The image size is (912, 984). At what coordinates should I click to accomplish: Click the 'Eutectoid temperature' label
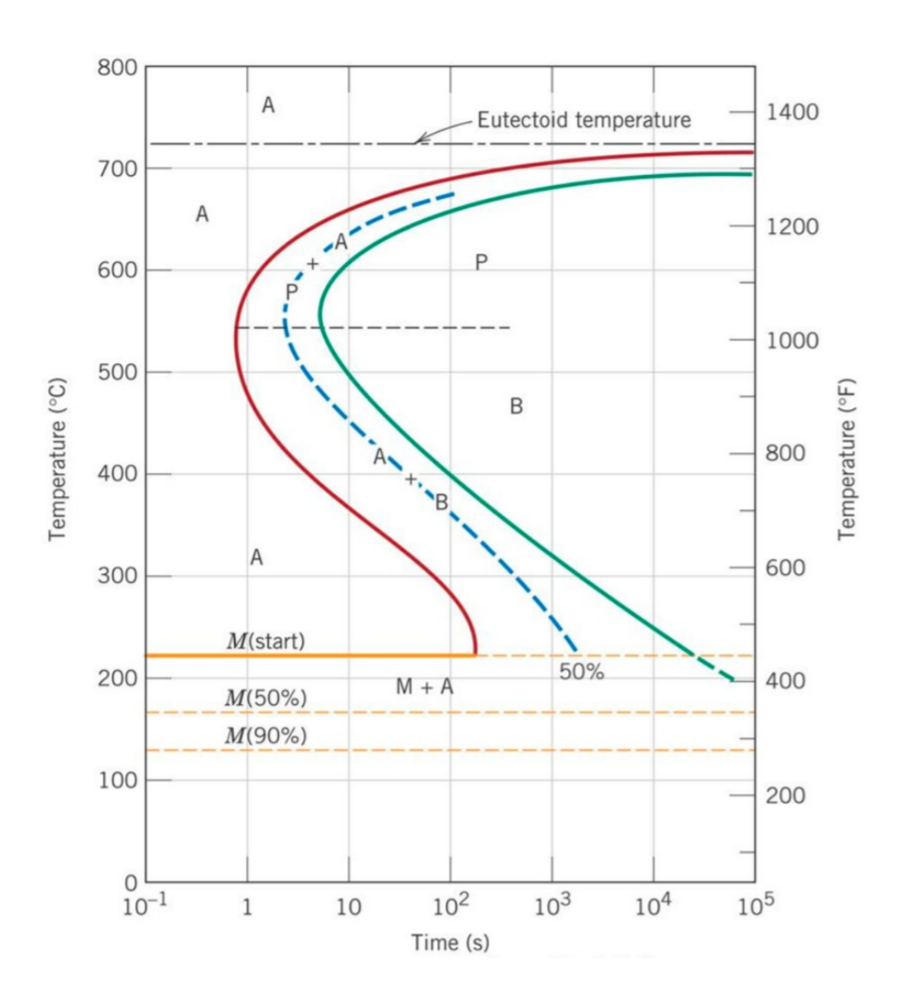(584, 120)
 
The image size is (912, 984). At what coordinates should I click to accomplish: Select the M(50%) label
(265, 697)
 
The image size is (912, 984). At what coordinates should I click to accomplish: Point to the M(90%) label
(265, 735)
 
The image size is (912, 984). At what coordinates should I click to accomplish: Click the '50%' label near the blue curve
(582, 671)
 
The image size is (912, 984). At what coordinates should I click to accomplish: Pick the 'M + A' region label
(424, 687)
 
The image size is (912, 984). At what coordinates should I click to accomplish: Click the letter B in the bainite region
(516, 406)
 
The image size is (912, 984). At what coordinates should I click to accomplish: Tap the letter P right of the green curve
(481, 263)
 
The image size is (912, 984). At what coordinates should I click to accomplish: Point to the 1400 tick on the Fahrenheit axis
(791, 113)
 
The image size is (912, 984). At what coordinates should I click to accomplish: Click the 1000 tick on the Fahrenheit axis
(791, 341)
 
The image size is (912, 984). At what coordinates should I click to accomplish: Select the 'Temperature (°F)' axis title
(847, 460)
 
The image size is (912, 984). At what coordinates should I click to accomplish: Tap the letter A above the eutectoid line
(268, 105)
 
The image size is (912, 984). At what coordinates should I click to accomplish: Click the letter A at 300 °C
(257, 557)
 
